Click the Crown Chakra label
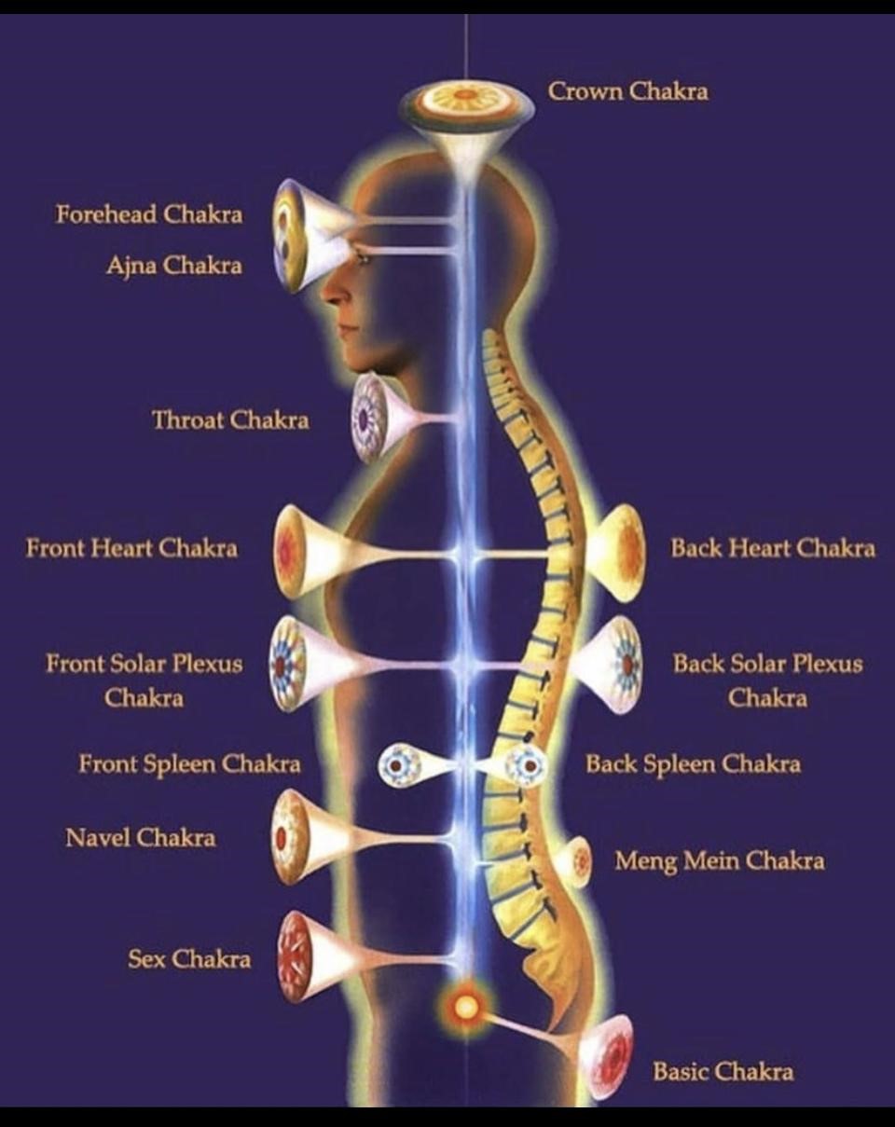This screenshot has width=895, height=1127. [x=627, y=91]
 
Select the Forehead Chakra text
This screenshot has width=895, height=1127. [x=148, y=214]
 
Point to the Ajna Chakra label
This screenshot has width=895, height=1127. [x=173, y=266]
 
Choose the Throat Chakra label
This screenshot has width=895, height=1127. [x=230, y=419]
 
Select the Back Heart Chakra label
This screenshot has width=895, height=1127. [x=773, y=547]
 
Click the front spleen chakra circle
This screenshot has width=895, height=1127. [x=400, y=765]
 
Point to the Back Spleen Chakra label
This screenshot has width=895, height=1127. [x=693, y=764]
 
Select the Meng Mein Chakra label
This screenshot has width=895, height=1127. [x=719, y=859]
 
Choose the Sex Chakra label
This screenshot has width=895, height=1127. [x=189, y=958]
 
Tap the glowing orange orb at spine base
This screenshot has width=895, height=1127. [x=464, y=1007]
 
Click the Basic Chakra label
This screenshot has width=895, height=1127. [x=723, y=1071]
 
